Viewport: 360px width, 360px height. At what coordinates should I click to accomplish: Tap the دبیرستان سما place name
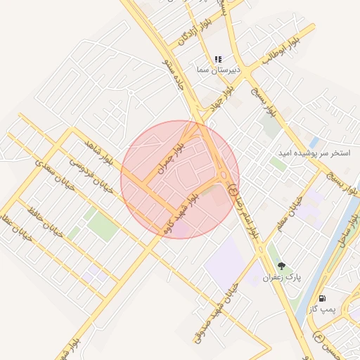coord(219,70)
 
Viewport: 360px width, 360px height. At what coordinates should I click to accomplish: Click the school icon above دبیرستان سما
coord(218,59)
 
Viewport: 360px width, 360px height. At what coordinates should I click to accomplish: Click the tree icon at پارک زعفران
coord(282,266)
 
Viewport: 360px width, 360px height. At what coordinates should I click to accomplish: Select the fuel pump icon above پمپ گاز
coord(322,298)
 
